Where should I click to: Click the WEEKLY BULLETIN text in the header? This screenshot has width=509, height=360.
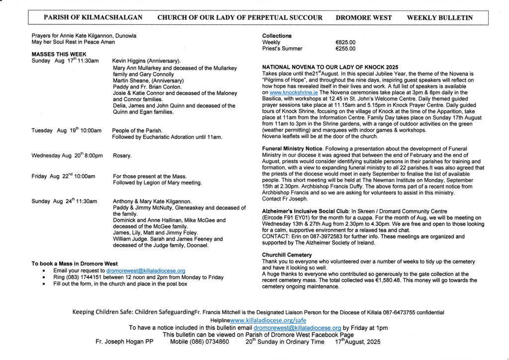click(439, 17)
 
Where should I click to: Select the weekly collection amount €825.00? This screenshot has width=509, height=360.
click(345, 42)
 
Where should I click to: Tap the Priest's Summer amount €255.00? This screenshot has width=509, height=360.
click(345, 49)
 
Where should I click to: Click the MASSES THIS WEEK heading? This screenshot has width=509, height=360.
click(59, 54)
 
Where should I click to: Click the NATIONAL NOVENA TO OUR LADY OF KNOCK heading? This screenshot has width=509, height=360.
click(330, 67)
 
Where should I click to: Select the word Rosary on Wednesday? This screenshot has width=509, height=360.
click(122, 156)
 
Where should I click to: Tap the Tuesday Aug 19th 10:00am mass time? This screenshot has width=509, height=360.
click(66, 130)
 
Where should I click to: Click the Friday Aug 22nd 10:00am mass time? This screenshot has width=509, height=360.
click(63, 176)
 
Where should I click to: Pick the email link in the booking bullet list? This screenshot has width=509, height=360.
click(146, 270)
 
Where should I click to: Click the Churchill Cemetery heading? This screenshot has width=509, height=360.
click(287, 255)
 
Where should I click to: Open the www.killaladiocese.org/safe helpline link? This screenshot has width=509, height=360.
click(268, 321)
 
